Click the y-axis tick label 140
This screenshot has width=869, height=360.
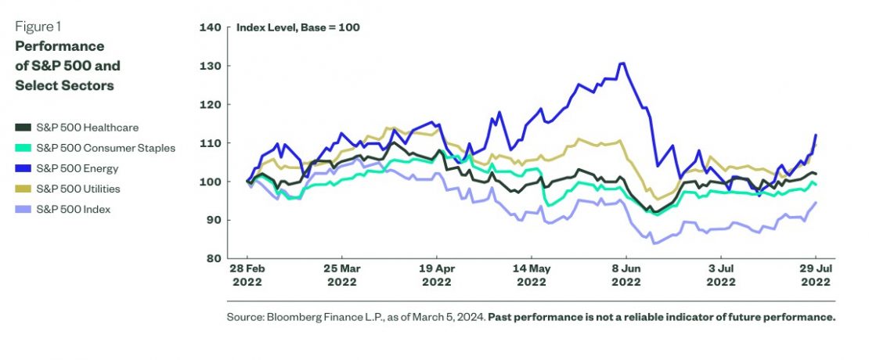(x=211, y=27)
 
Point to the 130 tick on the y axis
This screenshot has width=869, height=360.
(x=211, y=66)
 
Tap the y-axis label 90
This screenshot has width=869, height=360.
(x=213, y=220)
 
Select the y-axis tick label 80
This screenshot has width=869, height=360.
(x=213, y=258)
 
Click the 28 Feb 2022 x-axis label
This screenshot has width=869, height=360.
(x=247, y=274)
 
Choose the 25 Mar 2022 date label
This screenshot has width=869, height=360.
(x=341, y=274)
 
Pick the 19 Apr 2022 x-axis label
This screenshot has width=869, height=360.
(x=436, y=274)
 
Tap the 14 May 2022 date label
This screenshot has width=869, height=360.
(x=531, y=274)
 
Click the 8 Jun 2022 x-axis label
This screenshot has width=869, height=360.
(x=626, y=274)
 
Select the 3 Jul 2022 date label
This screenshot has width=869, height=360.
(x=721, y=274)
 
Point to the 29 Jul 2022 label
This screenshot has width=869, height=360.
(x=815, y=274)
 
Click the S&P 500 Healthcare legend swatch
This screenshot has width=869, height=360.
(x=23, y=128)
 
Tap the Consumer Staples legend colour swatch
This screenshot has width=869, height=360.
(x=23, y=148)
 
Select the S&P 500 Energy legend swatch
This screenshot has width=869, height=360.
(x=23, y=168)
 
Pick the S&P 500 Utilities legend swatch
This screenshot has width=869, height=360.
(x=23, y=189)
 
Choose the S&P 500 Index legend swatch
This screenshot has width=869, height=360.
(x=23, y=209)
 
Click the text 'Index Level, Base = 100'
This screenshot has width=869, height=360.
(x=297, y=27)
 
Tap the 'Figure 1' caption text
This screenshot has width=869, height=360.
(x=38, y=27)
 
